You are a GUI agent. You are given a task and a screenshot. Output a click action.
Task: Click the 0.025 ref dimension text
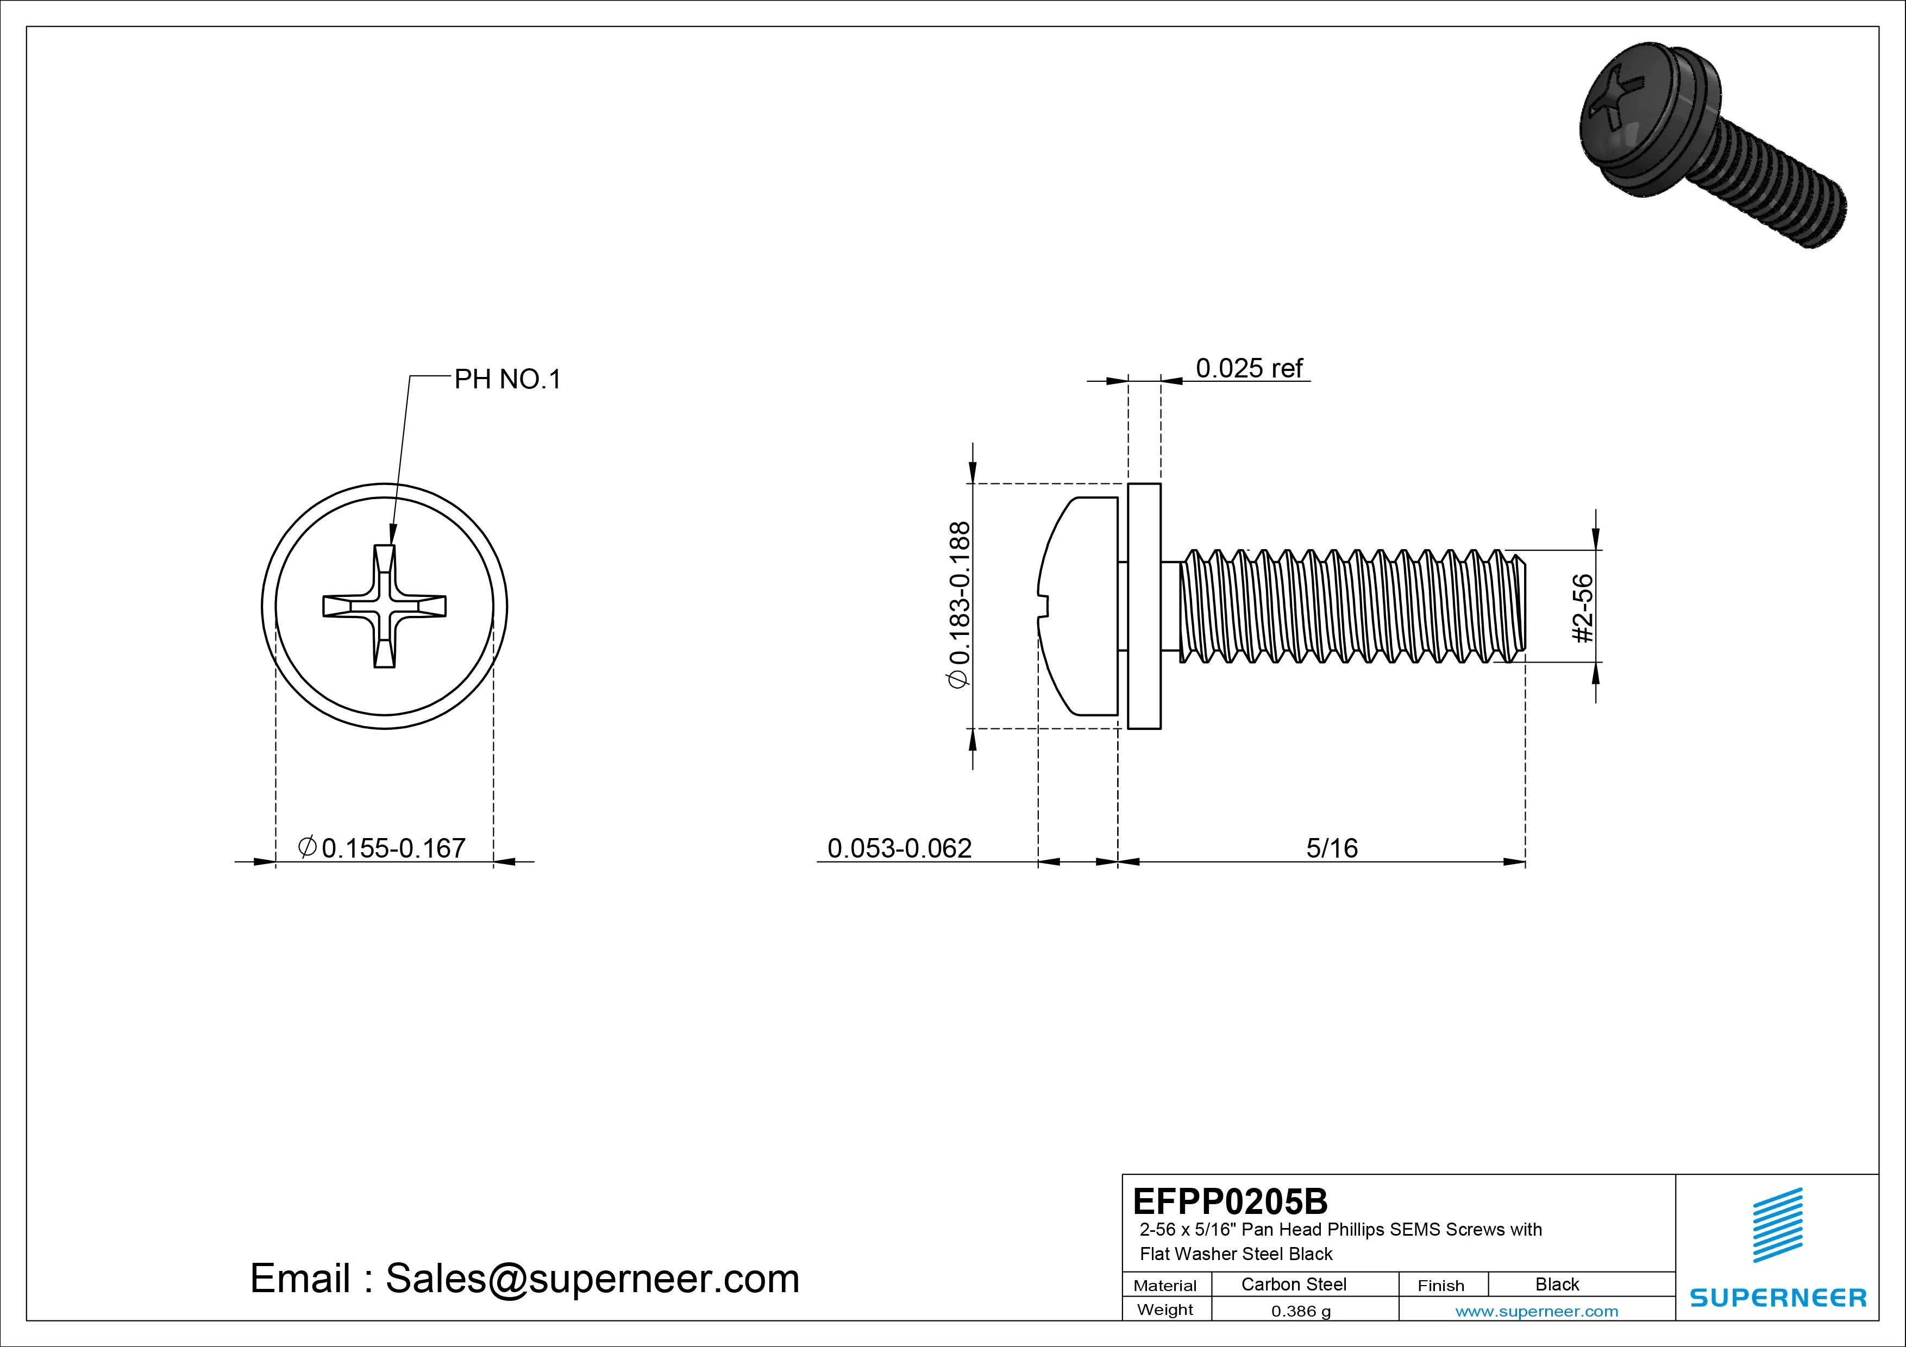pos(1249,368)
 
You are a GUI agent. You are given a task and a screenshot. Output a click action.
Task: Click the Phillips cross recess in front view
pos(384,607)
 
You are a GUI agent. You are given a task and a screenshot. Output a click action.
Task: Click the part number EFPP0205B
pos(1230,1201)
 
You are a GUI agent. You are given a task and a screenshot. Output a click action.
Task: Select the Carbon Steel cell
pos(1293,1284)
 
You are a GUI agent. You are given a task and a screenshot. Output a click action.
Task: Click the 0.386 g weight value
pos(1301,1311)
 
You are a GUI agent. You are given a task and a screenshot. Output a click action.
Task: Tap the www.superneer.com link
pos(1537,1311)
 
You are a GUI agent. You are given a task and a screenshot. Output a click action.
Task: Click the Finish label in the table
pos(1440,1285)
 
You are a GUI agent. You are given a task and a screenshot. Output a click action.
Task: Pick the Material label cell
pos(1165,1285)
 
